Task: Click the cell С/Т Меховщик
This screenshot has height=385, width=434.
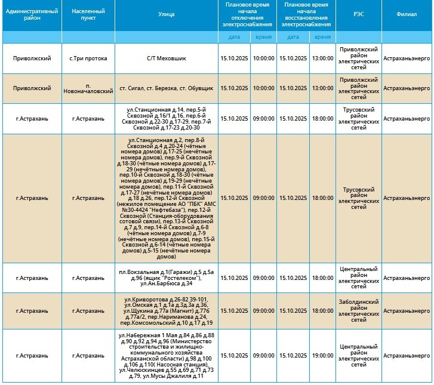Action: click(x=167, y=58)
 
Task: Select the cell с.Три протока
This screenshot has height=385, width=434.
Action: click(x=88, y=58)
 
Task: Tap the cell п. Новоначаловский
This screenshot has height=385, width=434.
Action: click(x=88, y=88)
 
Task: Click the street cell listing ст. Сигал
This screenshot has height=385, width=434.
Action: click(x=167, y=88)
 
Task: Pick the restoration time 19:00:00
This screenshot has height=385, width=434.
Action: click(x=322, y=356)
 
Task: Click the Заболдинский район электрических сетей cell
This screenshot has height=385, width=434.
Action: click(x=358, y=311)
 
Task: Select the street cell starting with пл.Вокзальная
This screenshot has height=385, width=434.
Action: click(x=167, y=278)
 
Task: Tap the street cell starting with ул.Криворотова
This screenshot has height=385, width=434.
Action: click(x=167, y=311)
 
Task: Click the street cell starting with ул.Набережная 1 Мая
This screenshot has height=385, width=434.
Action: click(x=167, y=356)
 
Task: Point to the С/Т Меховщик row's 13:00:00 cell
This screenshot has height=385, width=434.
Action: click(x=322, y=58)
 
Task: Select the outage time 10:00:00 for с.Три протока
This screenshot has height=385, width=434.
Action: click(x=263, y=58)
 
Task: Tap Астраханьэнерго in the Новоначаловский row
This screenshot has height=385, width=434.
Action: click(x=407, y=88)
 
